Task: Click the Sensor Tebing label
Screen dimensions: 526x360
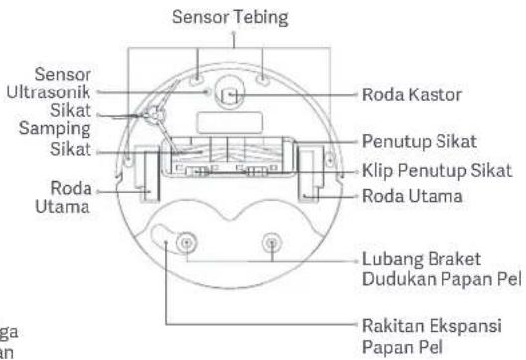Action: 230,17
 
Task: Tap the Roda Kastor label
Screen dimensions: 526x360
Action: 412,94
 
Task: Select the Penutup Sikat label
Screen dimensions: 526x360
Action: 420,141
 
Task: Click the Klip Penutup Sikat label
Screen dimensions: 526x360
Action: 438,170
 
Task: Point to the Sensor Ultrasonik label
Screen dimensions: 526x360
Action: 49,83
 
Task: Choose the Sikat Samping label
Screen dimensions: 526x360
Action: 55,119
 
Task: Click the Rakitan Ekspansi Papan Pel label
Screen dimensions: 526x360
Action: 433,336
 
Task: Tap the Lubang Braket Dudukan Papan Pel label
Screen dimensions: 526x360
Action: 441,270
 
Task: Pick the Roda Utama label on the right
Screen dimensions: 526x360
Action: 413,196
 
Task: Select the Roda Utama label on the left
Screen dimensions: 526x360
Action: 63,197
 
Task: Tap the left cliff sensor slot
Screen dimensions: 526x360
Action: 196,80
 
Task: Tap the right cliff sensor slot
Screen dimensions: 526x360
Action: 263,80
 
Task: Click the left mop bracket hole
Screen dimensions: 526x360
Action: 187,243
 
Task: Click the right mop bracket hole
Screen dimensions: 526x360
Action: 272,243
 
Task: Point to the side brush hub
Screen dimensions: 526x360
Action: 155,114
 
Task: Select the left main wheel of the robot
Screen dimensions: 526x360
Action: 147,174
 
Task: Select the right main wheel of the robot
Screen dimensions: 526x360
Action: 311,174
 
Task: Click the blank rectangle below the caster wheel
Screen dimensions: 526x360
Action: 230,122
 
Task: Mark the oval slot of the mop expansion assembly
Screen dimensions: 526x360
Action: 162,237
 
